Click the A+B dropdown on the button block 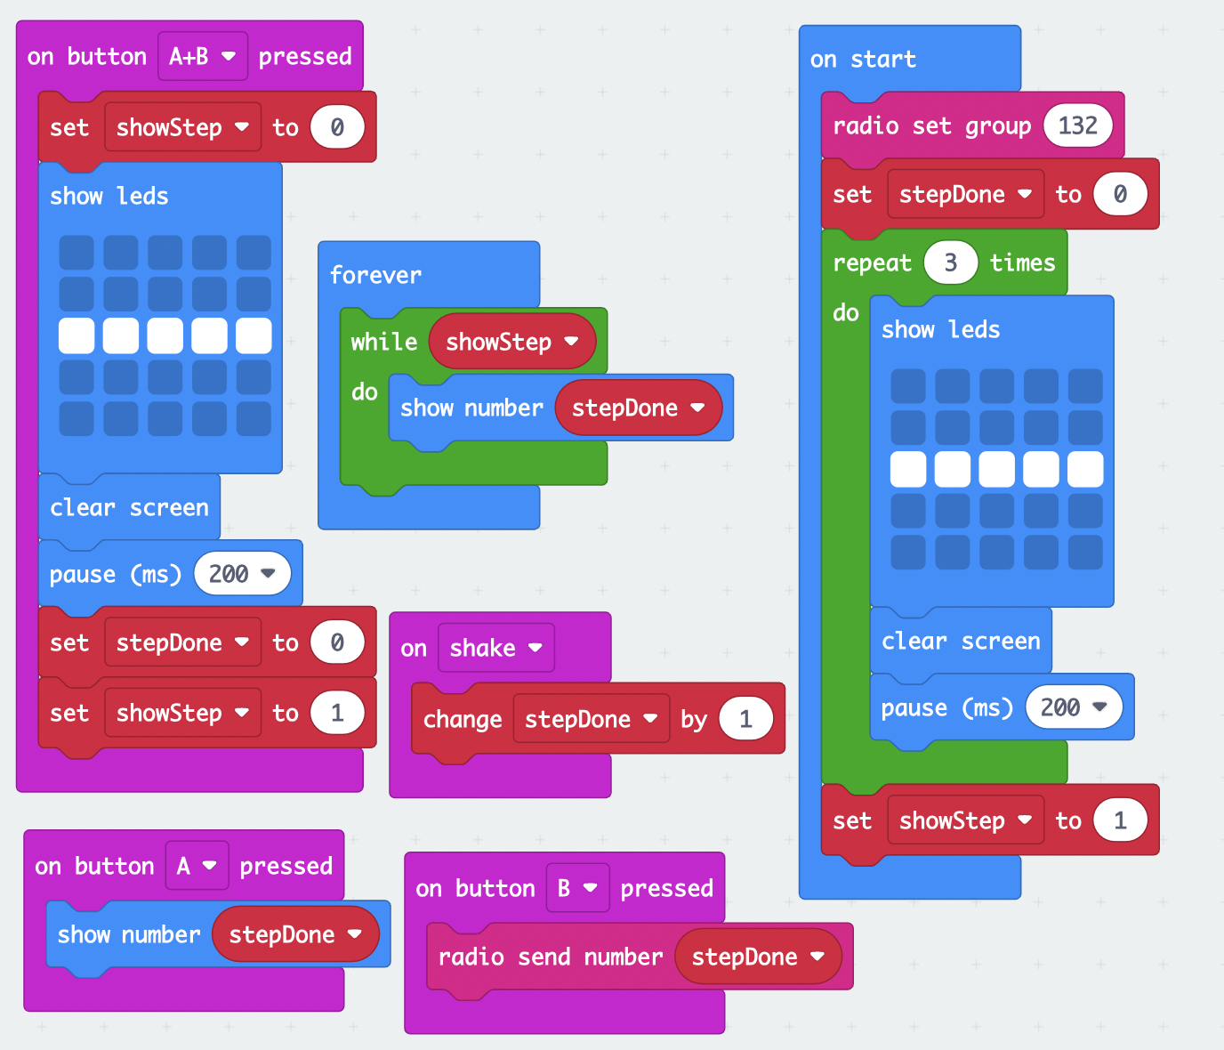[x=203, y=56]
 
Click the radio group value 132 [x=1077, y=125]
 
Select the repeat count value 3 [x=950, y=262]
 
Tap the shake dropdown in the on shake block [x=495, y=648]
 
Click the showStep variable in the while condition [x=511, y=342]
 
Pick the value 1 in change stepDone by [x=745, y=719]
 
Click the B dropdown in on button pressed [x=576, y=888]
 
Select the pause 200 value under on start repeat [x=1074, y=707]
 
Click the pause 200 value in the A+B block [x=242, y=574]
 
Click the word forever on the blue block [x=375, y=275]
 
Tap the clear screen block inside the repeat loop [x=960, y=641]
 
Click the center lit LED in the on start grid [x=996, y=469]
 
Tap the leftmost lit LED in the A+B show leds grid [x=76, y=335]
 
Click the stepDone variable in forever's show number [x=638, y=408]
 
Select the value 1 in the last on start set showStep [x=1119, y=820]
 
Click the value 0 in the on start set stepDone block [x=1119, y=194]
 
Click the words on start [x=862, y=60]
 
